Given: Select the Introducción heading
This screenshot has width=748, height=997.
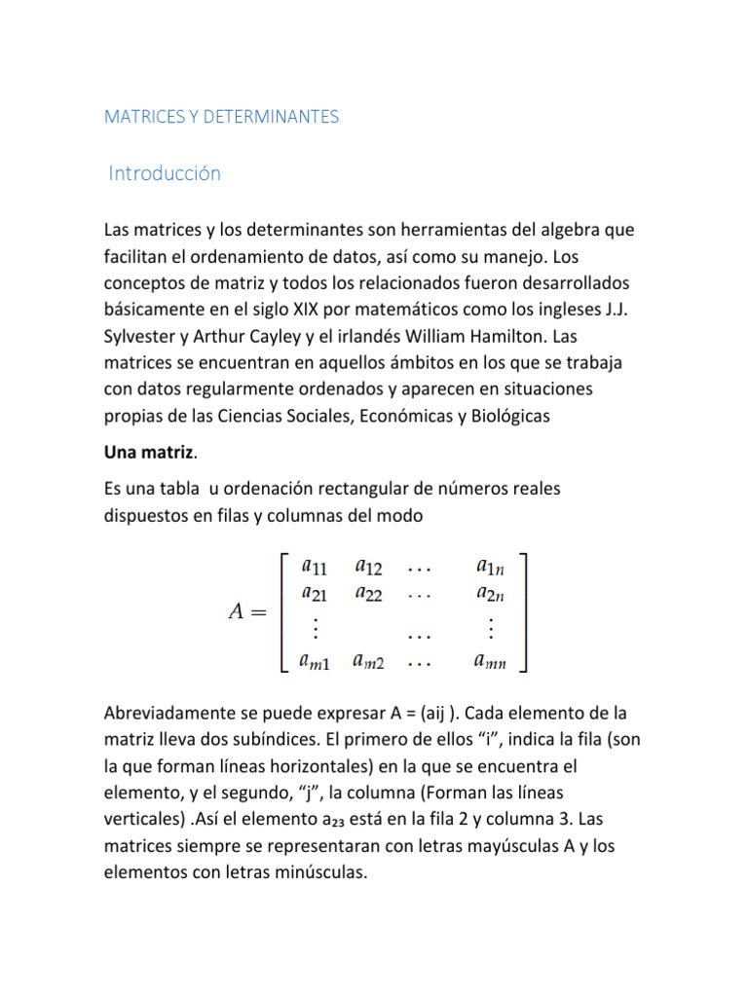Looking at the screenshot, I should pos(166,173).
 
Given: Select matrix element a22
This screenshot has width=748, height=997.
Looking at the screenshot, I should pos(369,593).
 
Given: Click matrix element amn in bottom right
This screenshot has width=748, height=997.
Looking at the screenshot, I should pos(490,661).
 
